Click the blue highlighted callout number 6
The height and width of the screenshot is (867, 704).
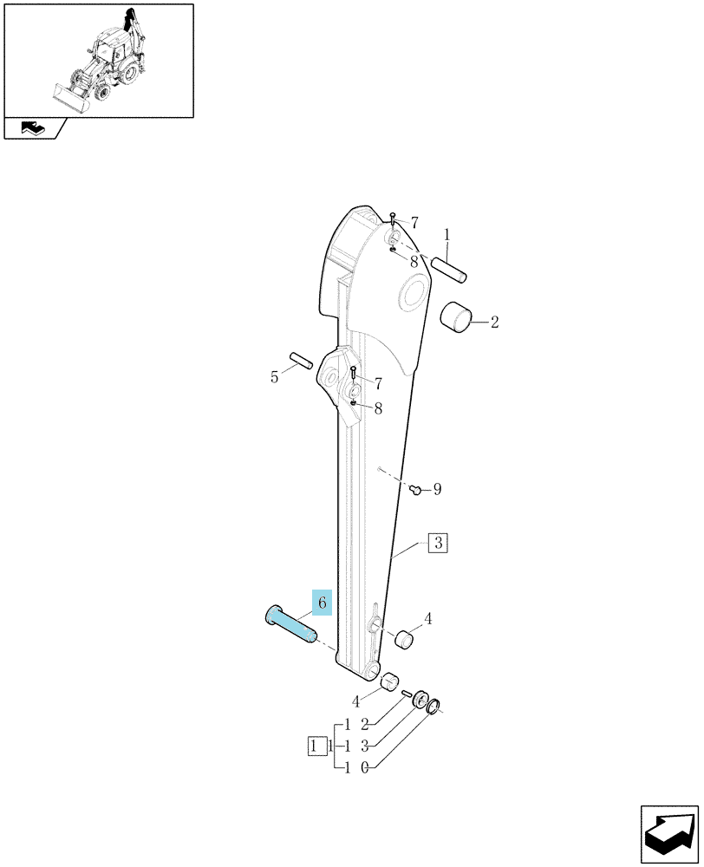pyautogui.click(x=322, y=603)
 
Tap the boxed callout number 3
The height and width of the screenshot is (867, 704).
pyautogui.click(x=438, y=543)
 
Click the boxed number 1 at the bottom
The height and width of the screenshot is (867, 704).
pyautogui.click(x=314, y=746)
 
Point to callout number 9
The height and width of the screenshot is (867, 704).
pyautogui.click(x=437, y=489)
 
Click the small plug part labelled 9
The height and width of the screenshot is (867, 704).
pyautogui.click(x=416, y=489)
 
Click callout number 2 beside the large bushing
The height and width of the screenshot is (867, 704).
pyautogui.click(x=494, y=322)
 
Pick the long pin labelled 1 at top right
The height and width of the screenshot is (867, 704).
pyautogui.click(x=449, y=270)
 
